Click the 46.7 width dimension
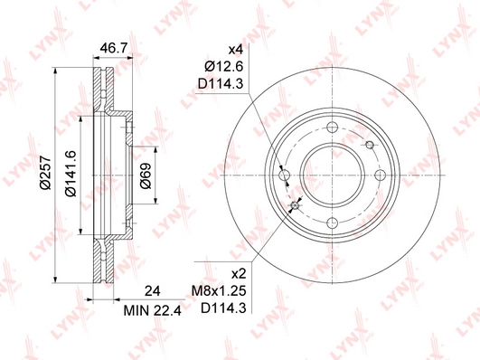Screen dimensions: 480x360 point(114,49)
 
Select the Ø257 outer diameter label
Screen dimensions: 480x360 point(45,173)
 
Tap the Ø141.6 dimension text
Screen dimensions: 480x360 point(71,174)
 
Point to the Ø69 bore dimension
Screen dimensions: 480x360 point(146,175)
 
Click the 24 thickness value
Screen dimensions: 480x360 point(152,291)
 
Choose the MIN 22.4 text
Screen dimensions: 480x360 point(153,310)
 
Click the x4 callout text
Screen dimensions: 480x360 point(236,50)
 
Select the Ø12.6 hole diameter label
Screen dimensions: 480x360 point(224,67)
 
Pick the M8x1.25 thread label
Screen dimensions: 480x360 point(219,290)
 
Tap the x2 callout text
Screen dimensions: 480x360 point(239,273)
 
